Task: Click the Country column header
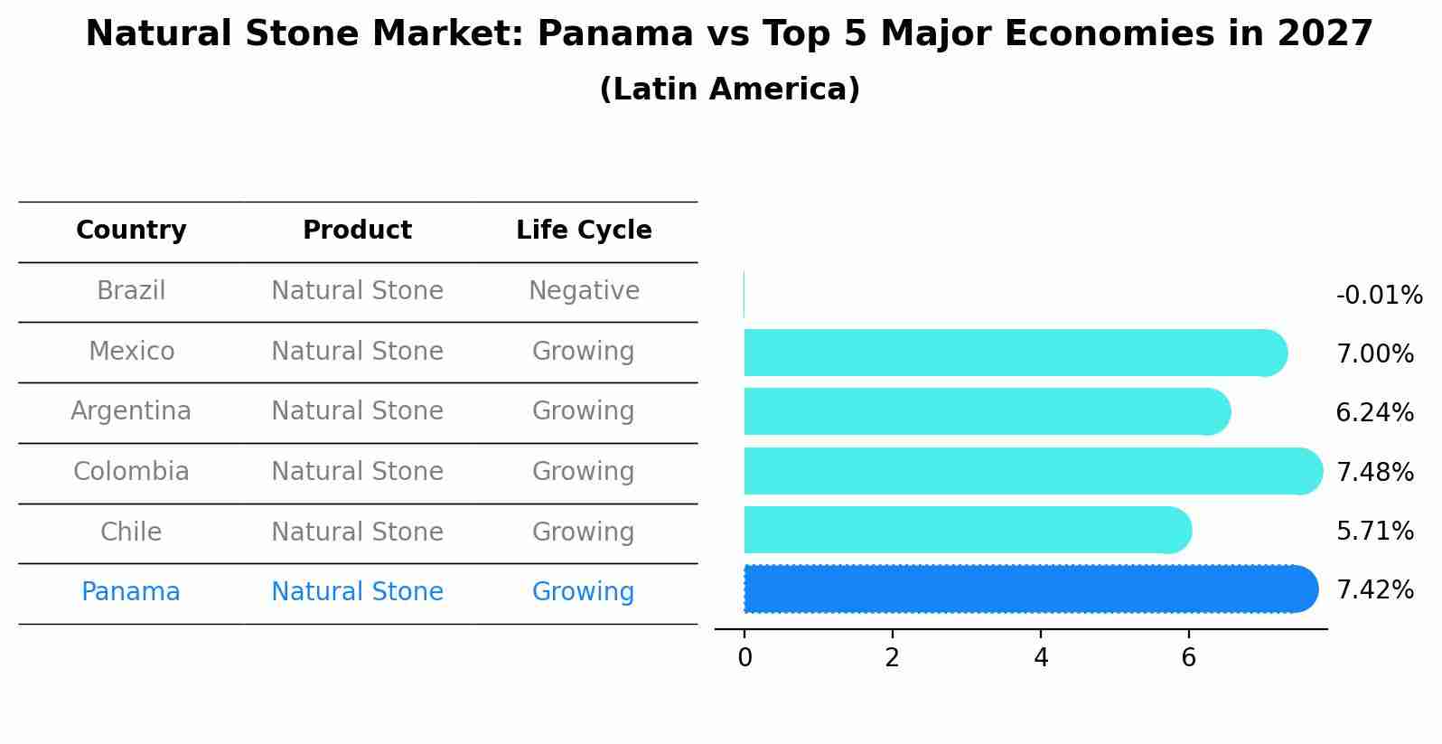[131, 231]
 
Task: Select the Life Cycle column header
[584, 231]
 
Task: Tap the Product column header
[357, 231]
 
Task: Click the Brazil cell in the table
[131, 291]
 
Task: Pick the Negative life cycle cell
[584, 291]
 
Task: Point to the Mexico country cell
[131, 352]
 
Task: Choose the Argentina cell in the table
[131, 411]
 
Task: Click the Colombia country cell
[131, 472]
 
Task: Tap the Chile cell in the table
[131, 532]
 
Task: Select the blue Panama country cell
[131, 592]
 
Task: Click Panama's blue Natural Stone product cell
[357, 592]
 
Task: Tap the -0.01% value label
[1379, 296]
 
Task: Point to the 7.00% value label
[1374, 354]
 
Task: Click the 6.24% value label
[1374, 413]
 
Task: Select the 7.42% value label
[1374, 590]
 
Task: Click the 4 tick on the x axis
[1041, 658]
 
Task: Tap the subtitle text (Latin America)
[729, 89]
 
